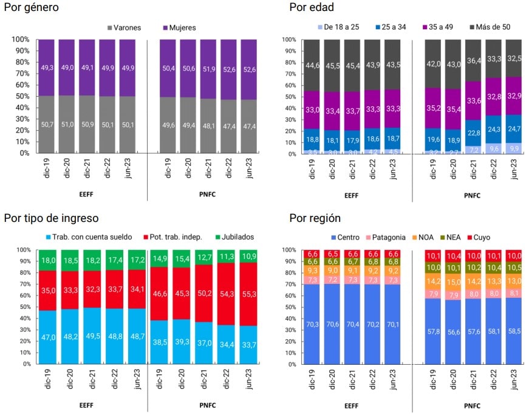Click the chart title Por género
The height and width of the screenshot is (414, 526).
[x=32, y=7]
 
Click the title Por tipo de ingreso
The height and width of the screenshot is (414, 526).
[x=51, y=218]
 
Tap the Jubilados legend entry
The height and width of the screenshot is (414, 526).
[x=233, y=237]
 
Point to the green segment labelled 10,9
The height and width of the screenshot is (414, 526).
[x=250, y=256]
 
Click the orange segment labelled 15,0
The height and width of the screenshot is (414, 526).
[x=453, y=281]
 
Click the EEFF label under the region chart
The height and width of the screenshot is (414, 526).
[x=351, y=405]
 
